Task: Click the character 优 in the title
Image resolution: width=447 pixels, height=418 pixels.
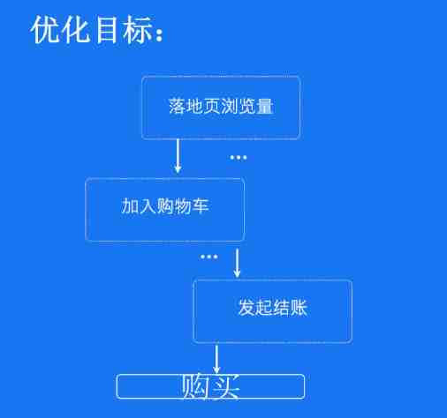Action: pos(45,30)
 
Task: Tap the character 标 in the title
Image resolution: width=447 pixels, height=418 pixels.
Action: pos(138,30)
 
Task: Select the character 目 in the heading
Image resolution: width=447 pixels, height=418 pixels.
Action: pos(107,30)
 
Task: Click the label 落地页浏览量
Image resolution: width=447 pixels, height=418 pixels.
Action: pos(221,106)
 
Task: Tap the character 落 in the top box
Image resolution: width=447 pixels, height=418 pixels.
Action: pos(178,106)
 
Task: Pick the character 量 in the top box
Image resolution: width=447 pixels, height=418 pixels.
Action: pos(265,106)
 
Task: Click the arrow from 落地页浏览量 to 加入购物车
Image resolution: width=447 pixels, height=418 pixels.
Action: pos(178,156)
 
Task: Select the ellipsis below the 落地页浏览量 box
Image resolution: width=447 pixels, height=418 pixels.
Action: pos(239,158)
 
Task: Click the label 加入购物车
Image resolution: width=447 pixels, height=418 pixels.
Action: pos(165,205)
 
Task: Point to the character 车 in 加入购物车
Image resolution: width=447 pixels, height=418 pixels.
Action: pos(201,205)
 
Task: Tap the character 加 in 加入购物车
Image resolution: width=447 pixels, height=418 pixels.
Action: pos(130,205)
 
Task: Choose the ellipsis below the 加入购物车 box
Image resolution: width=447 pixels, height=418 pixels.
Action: pos(209,257)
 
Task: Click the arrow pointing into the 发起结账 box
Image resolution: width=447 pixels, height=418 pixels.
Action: pos(237,263)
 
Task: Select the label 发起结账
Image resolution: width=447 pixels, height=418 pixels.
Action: pos(273,308)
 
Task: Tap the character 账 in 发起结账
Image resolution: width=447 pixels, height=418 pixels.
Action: pos(299,308)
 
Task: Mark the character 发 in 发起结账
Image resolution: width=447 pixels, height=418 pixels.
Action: pos(246,308)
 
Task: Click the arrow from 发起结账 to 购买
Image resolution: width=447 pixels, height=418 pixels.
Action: pos(216,359)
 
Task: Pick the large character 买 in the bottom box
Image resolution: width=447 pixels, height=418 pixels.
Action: pos(225,386)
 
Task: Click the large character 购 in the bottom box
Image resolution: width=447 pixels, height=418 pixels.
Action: pos(195,386)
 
